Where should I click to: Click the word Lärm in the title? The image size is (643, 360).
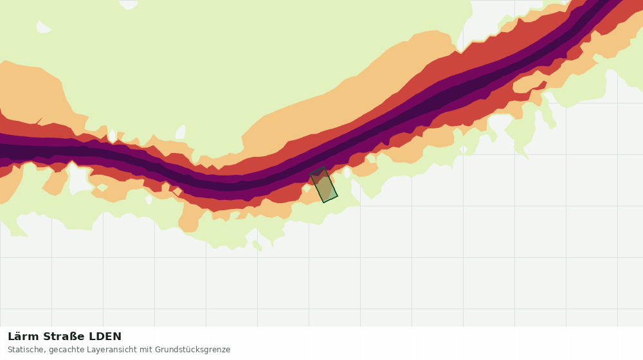(x=23, y=337)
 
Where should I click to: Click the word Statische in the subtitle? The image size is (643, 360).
(x=26, y=350)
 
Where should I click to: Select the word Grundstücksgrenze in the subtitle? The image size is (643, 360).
(x=192, y=350)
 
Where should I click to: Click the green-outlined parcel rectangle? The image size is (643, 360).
(x=323, y=184)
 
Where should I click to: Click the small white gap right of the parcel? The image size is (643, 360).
(x=347, y=172)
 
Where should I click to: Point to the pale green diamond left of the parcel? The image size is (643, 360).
(x=306, y=188)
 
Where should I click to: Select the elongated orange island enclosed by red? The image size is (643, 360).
(x=529, y=85)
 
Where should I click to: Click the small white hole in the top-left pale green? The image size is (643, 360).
(x=44, y=27)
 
